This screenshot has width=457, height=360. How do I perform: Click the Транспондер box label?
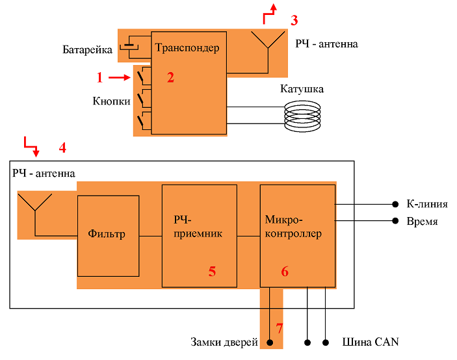tap(187, 48)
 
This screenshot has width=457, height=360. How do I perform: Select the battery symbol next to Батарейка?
tap(129, 47)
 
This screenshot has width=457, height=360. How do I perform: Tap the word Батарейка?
tap(87, 50)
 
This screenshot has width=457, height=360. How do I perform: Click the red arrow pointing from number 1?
tap(120, 77)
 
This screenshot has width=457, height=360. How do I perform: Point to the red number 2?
tap(170, 77)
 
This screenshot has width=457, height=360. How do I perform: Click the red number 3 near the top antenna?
tap(294, 20)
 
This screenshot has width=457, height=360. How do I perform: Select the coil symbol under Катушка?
tap(302, 116)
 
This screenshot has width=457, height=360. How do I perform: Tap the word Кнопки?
tap(111, 101)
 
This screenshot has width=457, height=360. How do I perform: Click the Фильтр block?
tap(108, 236)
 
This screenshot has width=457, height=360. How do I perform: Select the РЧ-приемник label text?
tap(198, 226)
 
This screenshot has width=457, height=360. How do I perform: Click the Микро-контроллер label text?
tap(293, 226)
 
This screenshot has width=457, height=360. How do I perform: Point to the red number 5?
tap(212, 272)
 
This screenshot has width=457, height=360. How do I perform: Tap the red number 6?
tap(285, 272)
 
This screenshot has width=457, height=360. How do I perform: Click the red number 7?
tap(280, 329)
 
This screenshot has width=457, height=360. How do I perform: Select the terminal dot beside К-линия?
tap(395, 204)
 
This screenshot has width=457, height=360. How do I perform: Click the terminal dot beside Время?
tap(395, 221)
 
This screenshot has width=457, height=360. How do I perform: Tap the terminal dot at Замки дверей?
tap(270, 342)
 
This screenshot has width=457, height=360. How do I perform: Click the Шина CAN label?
tap(371, 342)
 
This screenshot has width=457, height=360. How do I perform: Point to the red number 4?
tap(62, 148)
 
